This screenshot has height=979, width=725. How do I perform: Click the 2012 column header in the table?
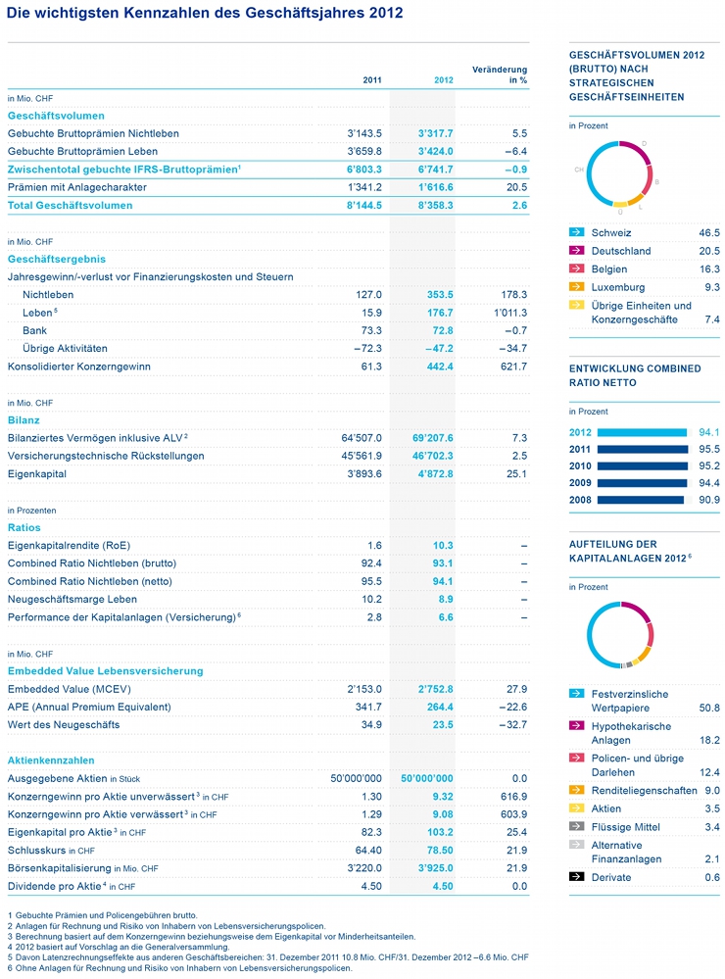[x=444, y=80]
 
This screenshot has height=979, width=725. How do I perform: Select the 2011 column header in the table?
[x=372, y=80]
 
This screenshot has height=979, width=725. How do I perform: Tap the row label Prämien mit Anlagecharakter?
[x=77, y=186]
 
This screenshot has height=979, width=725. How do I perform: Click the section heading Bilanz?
[x=24, y=419]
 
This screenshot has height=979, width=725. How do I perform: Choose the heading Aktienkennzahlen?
[x=51, y=759]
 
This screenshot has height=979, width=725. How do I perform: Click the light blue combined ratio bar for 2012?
[x=641, y=432]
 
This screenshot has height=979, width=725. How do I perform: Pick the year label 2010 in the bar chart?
[x=581, y=466]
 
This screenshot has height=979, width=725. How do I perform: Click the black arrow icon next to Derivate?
[x=577, y=877]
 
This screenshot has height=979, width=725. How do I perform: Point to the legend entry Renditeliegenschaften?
[x=643, y=790]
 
